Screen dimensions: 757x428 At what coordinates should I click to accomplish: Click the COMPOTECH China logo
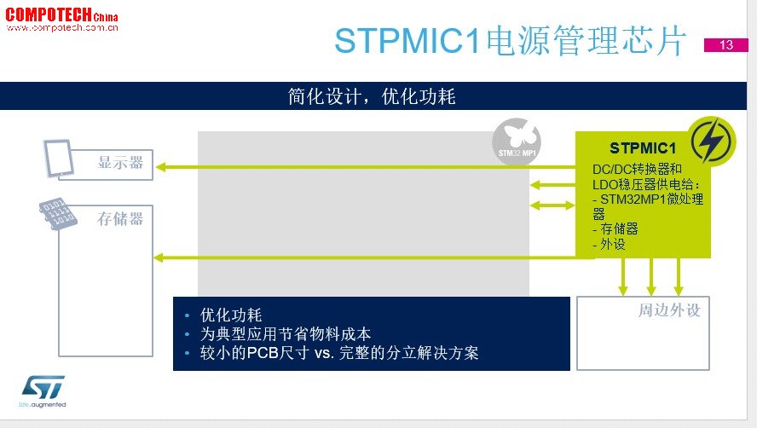[x=61, y=20]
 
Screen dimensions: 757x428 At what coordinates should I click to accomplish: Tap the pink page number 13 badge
[x=726, y=45]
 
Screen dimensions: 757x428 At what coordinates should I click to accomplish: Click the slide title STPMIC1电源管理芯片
[x=511, y=41]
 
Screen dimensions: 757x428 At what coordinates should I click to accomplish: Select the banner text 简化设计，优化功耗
[x=372, y=96]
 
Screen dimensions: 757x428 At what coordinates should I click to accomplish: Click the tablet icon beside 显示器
[x=59, y=159]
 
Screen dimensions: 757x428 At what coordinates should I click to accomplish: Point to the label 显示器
[x=121, y=162]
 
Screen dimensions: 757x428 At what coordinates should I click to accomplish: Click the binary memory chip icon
[x=57, y=213]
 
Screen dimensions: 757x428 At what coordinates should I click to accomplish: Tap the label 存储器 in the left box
[x=120, y=219]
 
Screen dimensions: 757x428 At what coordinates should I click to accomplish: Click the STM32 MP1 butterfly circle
[x=517, y=142]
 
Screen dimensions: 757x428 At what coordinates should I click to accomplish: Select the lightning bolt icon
[x=711, y=141]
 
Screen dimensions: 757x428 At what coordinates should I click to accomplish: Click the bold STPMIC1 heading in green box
[x=643, y=147]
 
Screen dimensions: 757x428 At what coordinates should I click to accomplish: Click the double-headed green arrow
[x=552, y=205]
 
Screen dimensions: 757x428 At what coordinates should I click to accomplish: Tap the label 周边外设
[x=669, y=310]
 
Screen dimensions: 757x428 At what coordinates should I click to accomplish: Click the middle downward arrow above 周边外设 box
[x=650, y=277]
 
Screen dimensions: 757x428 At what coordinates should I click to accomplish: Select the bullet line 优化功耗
[x=231, y=315]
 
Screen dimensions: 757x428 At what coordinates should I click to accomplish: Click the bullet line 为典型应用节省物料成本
[x=286, y=334]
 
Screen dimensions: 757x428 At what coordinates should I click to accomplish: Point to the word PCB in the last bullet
[x=263, y=353]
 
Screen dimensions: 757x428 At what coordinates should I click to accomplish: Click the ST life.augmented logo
[x=43, y=391]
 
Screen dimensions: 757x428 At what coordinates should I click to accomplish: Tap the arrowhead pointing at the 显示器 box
[x=160, y=167]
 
